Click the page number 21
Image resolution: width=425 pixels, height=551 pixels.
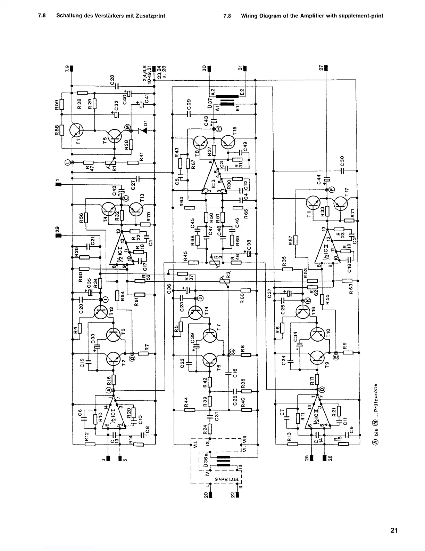pyautogui.click(x=394, y=530)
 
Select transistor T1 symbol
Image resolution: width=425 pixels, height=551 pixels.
pyautogui.click(x=76, y=130)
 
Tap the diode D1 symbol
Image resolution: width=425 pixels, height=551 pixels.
pyautogui.click(x=142, y=130)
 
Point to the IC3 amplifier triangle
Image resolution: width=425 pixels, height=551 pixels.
pyautogui.click(x=212, y=177)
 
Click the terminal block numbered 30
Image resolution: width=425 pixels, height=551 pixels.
pyautogui.click(x=209, y=68)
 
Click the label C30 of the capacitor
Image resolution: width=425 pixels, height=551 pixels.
pyautogui.click(x=342, y=161)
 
